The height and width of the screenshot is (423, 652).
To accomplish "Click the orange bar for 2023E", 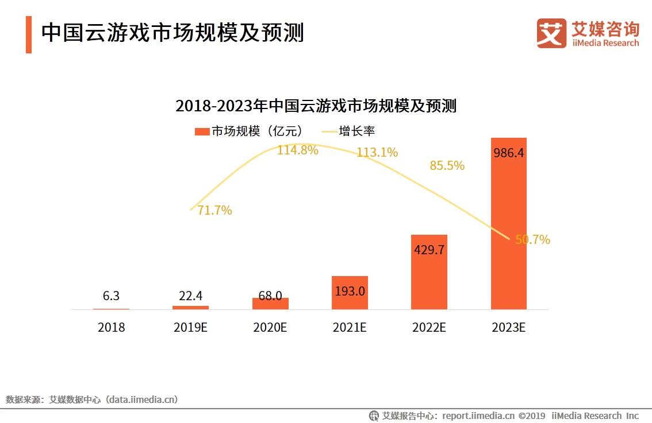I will pos(508,230).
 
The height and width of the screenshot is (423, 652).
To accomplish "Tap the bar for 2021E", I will pos(350,293).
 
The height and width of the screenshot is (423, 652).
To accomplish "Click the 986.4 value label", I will pos(509,153).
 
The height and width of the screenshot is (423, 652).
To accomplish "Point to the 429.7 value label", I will pos(429,250).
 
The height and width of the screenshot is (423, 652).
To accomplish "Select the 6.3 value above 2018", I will pos(111,296).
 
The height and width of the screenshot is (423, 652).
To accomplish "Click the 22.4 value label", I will pos(190,296).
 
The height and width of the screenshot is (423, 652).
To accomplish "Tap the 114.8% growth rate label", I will pos(297,150).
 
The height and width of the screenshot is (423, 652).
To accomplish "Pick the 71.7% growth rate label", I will pos(214,211).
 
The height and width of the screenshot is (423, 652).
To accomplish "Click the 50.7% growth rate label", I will pos(532,240).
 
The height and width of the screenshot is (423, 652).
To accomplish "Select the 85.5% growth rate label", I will pos(447,166).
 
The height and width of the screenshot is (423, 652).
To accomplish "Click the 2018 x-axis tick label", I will pos(111,328).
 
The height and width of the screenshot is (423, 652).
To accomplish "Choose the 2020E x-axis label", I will pos(270,328).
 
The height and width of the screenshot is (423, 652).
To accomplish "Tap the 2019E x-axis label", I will pos(190,328).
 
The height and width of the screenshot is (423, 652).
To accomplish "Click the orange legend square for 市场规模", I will pos(202,131).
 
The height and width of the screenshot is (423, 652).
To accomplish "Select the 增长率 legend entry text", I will pos(356,131).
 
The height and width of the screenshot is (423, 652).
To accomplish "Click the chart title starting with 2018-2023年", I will pos(316,106).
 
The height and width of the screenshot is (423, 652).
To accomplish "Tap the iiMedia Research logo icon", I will pos(551,33).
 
